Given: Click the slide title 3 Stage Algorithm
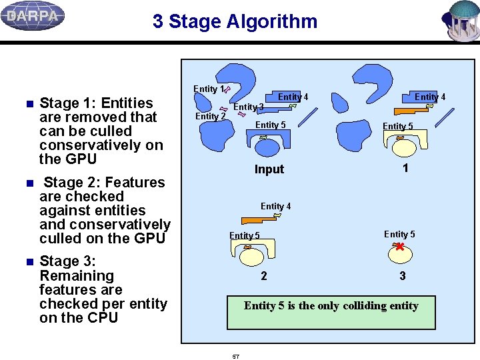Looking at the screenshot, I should [x=235, y=21].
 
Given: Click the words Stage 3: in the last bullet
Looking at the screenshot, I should [x=67, y=261].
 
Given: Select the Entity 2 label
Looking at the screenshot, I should [x=210, y=116].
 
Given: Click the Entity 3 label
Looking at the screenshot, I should [x=248, y=107].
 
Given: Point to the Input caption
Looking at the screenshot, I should [x=269, y=169].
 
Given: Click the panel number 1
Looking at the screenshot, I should [x=405, y=169].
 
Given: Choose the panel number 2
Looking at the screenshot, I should [x=264, y=276].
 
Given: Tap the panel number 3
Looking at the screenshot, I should [x=402, y=276].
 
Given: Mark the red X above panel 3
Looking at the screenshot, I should [x=399, y=247].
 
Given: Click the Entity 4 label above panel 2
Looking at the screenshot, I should [x=275, y=206].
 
